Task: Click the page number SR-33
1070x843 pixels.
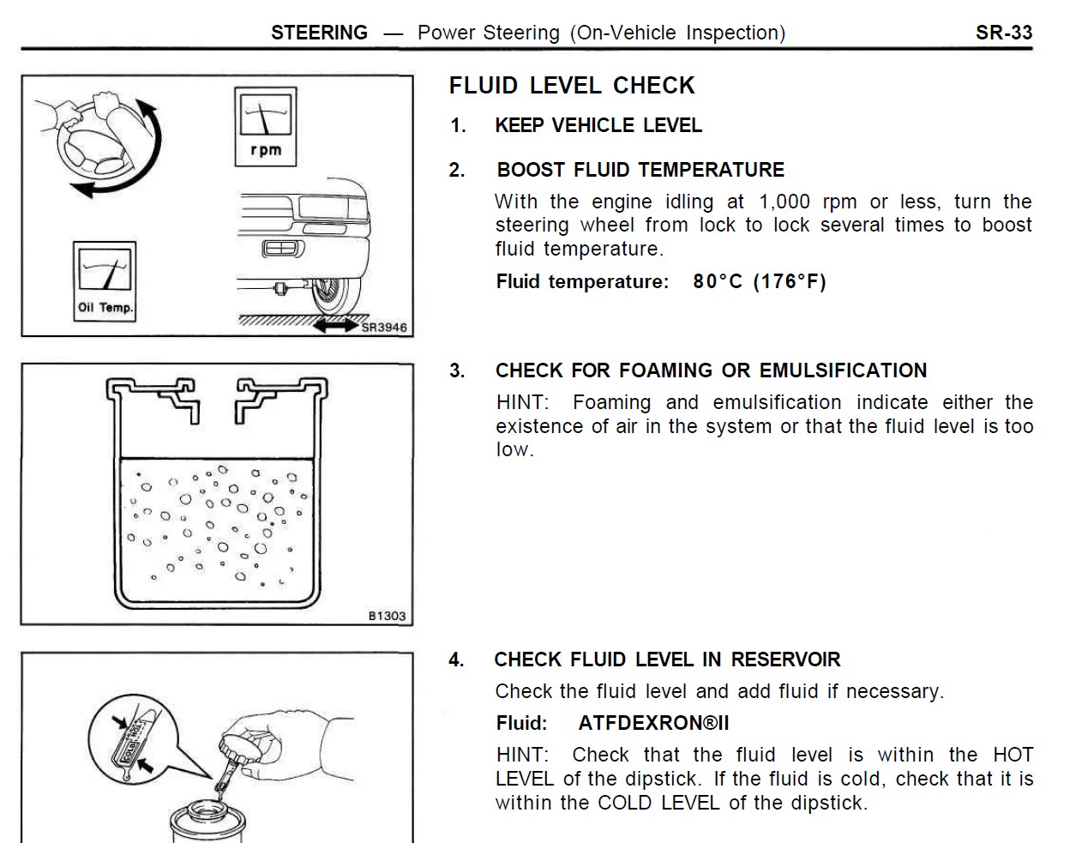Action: [1004, 33]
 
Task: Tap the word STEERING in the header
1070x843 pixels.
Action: [319, 33]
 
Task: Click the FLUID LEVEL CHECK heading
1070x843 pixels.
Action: [572, 86]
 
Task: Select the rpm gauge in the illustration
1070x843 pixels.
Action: [266, 126]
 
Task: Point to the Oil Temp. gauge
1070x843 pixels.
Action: [105, 281]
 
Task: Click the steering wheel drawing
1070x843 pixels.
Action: [93, 142]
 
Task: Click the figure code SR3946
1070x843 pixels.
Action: [384, 328]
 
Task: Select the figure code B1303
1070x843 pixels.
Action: [387, 617]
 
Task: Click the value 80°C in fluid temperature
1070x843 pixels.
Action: [718, 281]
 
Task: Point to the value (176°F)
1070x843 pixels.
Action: [790, 281]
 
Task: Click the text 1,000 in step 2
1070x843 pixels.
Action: [784, 202]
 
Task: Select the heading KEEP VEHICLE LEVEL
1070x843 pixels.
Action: [598, 125]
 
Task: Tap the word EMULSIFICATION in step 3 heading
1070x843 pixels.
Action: [843, 370]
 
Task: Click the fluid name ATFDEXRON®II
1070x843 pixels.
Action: [653, 723]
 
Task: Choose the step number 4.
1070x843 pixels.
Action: [456, 660]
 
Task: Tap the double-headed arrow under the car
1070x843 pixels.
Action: [336, 326]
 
